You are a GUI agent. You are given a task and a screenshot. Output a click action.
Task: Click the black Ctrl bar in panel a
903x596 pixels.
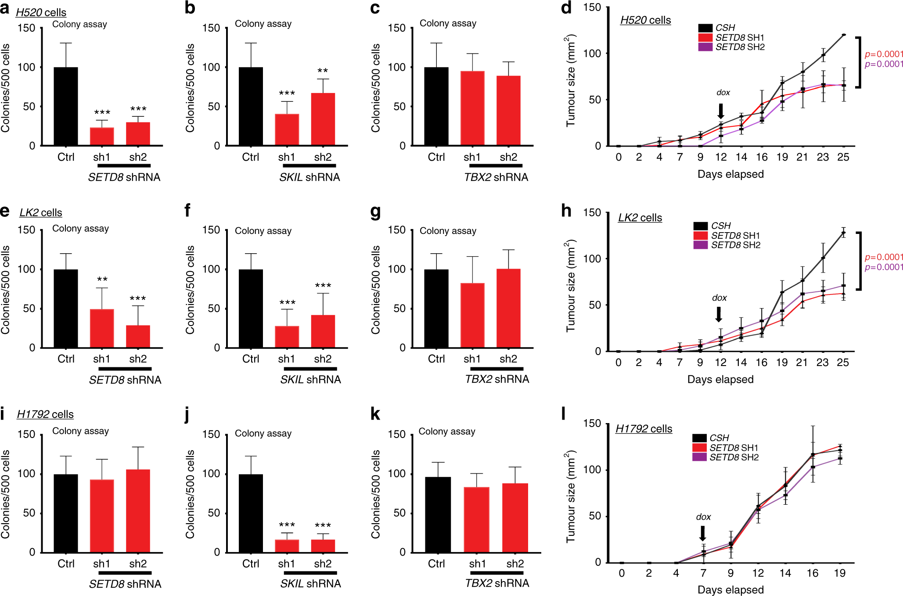(66, 106)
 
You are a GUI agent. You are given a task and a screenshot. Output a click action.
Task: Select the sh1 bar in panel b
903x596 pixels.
(287, 129)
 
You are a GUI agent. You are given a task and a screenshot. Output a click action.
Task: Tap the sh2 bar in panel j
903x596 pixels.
(323, 546)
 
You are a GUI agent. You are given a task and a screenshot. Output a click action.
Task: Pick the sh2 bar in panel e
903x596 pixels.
(138, 336)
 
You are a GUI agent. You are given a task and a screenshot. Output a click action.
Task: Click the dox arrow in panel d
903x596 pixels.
(720, 111)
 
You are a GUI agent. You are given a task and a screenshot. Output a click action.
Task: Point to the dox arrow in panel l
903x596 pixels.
(702, 533)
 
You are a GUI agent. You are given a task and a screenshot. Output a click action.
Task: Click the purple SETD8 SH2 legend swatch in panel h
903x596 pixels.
(701, 245)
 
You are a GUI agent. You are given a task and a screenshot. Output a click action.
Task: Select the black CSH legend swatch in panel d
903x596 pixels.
(705, 28)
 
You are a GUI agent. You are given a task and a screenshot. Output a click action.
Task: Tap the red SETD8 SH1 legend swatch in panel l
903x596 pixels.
(699, 448)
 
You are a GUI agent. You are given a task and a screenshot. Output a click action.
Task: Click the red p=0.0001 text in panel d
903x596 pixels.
(884, 54)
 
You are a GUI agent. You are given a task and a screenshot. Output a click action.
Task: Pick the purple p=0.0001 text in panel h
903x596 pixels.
(884, 267)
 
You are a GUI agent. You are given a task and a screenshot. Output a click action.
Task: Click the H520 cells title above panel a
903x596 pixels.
(41, 12)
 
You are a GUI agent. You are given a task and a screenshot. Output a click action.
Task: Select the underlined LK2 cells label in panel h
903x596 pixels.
(640, 218)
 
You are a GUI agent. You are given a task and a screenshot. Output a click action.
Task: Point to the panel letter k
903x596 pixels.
(375, 414)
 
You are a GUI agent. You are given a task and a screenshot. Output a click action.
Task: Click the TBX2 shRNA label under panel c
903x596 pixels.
(496, 177)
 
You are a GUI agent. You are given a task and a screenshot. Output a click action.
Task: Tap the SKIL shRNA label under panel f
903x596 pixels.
(310, 380)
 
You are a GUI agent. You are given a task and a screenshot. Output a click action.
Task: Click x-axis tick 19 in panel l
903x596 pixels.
(839, 573)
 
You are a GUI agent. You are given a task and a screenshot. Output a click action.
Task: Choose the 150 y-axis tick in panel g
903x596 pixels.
(396, 230)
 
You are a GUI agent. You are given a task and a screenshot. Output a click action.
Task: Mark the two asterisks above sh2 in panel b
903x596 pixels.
(323, 71)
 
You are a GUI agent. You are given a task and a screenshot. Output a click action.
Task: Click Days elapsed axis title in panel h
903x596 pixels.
(720, 380)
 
